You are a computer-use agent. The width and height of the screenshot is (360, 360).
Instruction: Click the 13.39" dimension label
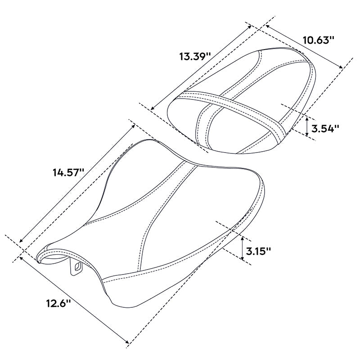195,57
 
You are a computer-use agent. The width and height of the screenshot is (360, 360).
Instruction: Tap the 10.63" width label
318,40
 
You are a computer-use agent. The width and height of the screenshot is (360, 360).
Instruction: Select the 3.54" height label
325,129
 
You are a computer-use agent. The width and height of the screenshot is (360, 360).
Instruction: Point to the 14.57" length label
68,172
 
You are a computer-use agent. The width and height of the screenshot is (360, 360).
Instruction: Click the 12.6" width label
58,303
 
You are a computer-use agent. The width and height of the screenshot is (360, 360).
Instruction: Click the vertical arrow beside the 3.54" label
307,126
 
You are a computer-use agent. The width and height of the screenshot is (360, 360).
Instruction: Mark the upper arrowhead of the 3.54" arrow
307,118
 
